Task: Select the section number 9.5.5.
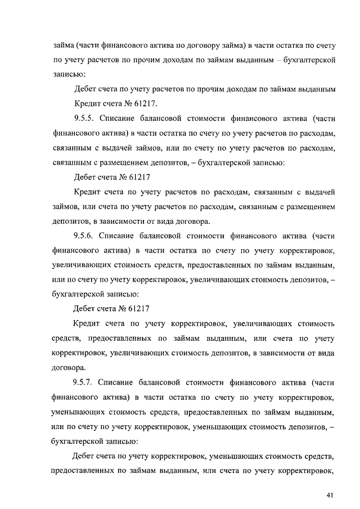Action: coord(86,119)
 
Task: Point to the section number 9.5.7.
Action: coord(86,382)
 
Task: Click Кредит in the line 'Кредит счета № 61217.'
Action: coord(87,104)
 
